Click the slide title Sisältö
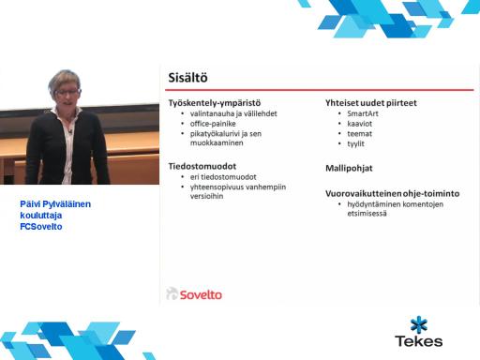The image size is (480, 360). [187, 78]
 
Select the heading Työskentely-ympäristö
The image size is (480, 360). [215, 103]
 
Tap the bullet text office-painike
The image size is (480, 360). [213, 124]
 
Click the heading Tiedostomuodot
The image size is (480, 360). [202, 166]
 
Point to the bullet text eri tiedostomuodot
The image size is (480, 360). [223, 177]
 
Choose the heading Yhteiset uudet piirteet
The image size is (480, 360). [371, 103]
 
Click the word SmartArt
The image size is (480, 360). [363, 113]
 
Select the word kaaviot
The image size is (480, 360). [359, 124]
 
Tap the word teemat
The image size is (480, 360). [359, 134]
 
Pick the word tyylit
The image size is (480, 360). [355, 144]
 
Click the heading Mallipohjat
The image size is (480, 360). [349, 169]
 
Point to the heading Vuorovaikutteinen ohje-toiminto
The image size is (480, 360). [392, 194]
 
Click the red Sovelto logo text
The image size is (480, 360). [201, 294]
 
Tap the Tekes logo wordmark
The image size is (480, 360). [419, 341]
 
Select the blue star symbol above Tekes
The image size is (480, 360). [419, 324]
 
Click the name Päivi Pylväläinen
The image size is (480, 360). [55, 204]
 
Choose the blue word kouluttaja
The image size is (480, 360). [41, 216]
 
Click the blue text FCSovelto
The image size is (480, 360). [41, 227]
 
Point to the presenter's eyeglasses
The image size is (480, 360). [67, 92]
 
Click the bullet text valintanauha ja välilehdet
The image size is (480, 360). [233, 113]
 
